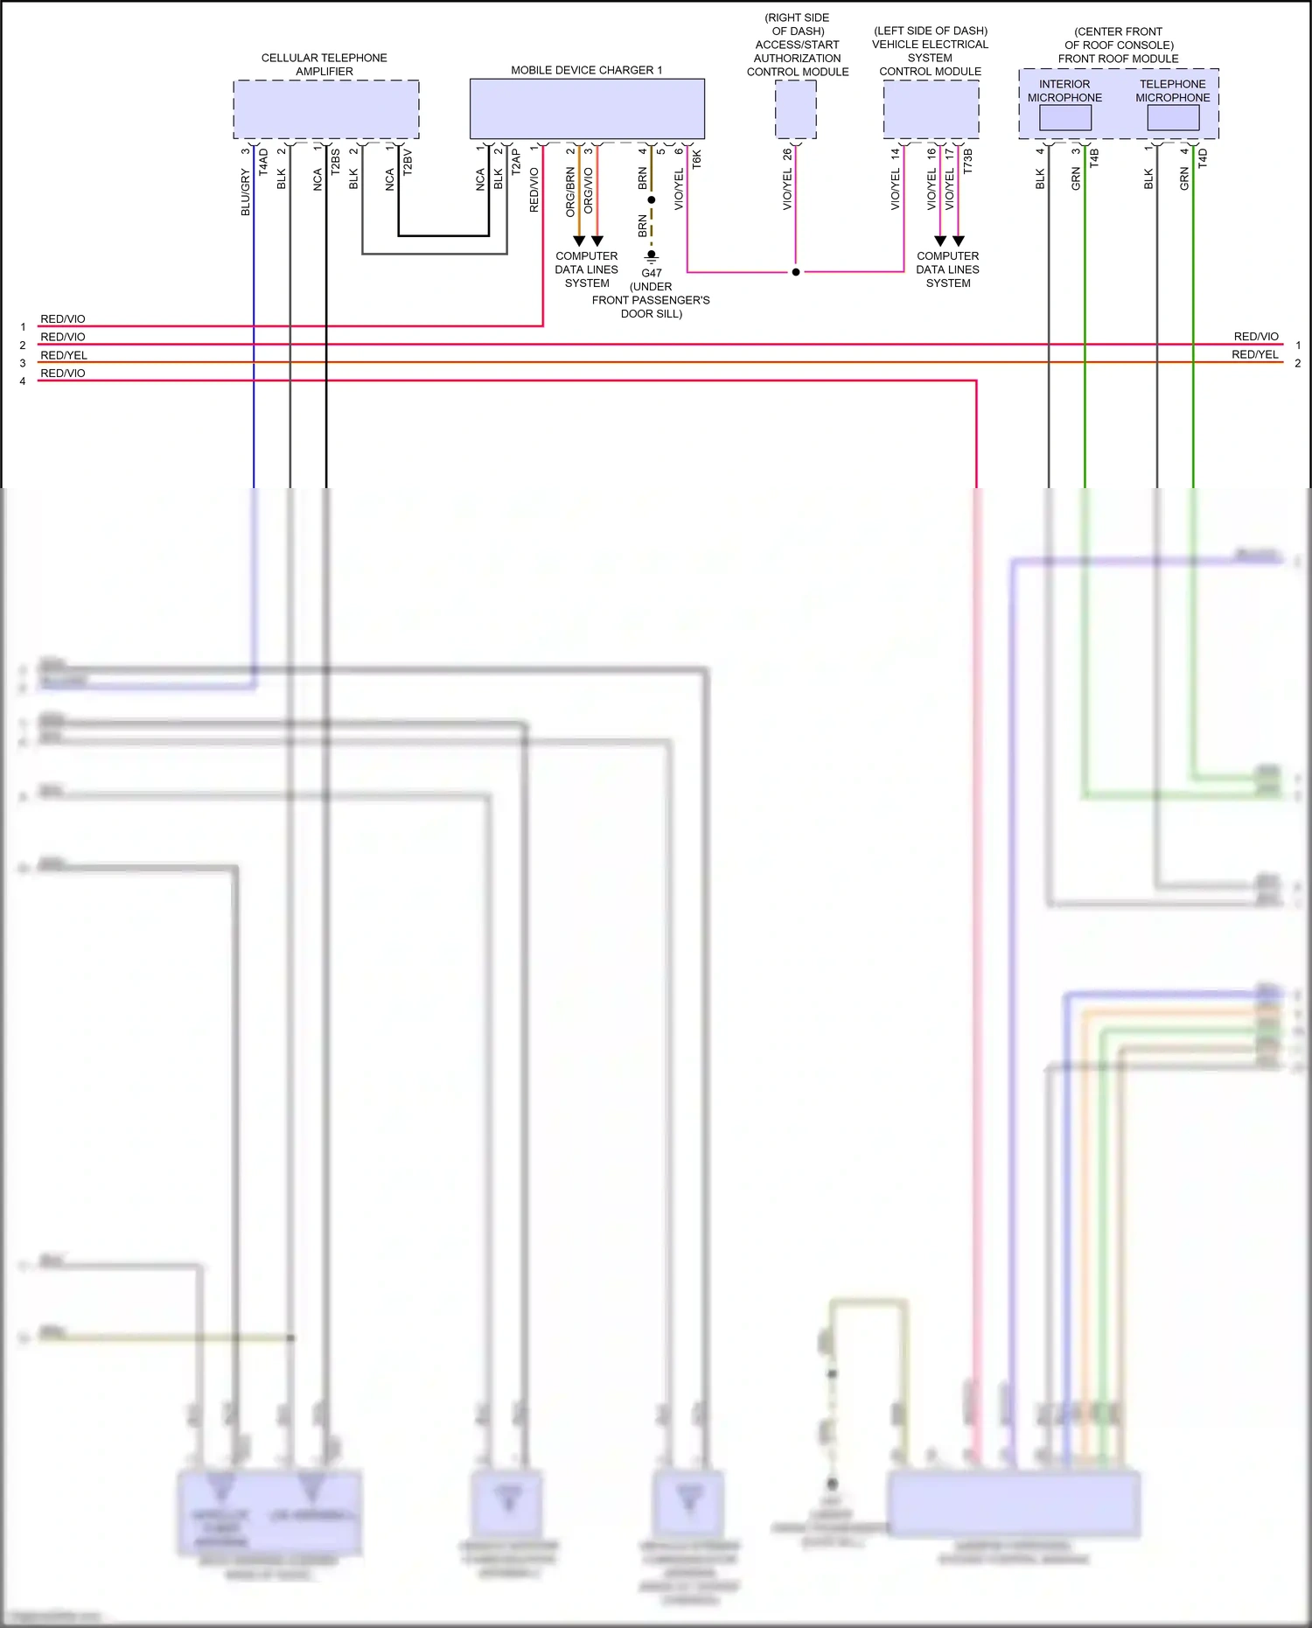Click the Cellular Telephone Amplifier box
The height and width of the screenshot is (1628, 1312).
pos(325,109)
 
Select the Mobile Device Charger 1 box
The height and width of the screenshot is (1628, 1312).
pos(587,108)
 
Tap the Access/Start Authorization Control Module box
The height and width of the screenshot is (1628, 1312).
pos(795,109)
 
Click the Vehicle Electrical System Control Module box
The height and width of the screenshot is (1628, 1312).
pos(931,109)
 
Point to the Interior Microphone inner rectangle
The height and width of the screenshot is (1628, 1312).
pos(1064,117)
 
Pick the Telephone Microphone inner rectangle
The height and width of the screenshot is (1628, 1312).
pos(1173,117)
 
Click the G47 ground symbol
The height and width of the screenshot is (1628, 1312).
pos(652,257)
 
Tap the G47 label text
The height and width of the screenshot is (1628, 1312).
pos(652,273)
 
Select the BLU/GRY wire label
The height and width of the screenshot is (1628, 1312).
pos(246,192)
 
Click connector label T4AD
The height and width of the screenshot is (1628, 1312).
pos(263,162)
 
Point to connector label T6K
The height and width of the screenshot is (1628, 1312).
pos(697,159)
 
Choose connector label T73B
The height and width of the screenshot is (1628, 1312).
pos(967,161)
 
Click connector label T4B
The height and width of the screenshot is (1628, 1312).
pos(1094,158)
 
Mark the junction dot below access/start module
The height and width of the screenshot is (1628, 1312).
pos(795,272)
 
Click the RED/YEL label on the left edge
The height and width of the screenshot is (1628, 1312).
pos(64,355)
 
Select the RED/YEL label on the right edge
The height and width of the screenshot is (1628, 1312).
pos(1254,354)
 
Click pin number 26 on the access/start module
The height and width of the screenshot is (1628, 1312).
pos(787,153)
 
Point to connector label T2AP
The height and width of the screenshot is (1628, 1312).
pos(516,162)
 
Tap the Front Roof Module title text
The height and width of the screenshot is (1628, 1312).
pos(1118,59)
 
